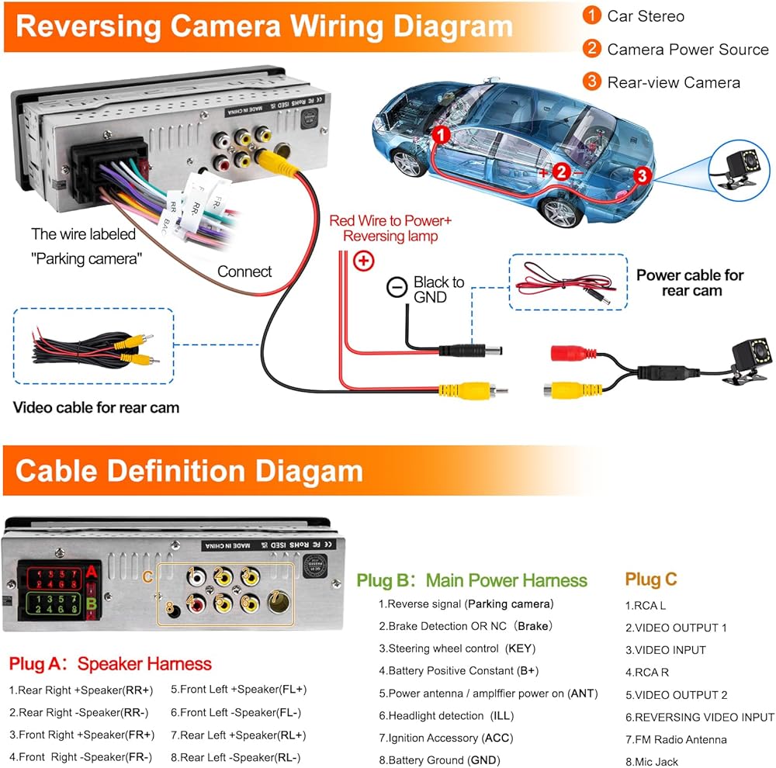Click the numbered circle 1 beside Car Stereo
click(592, 16)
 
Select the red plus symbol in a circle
click(363, 261)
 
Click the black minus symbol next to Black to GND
click(397, 288)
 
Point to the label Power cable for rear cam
click(690, 282)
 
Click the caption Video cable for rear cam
click(96, 407)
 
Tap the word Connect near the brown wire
click(244, 272)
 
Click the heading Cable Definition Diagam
click(189, 471)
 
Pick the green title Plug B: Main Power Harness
click(472, 580)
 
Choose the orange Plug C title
click(651, 579)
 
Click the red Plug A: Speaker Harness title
click(110, 664)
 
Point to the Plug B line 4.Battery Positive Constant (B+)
click(459, 670)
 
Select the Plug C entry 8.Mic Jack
click(652, 762)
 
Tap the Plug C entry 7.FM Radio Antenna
click(676, 739)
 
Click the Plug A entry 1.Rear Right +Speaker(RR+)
click(81, 689)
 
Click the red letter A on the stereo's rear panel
click(92, 572)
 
